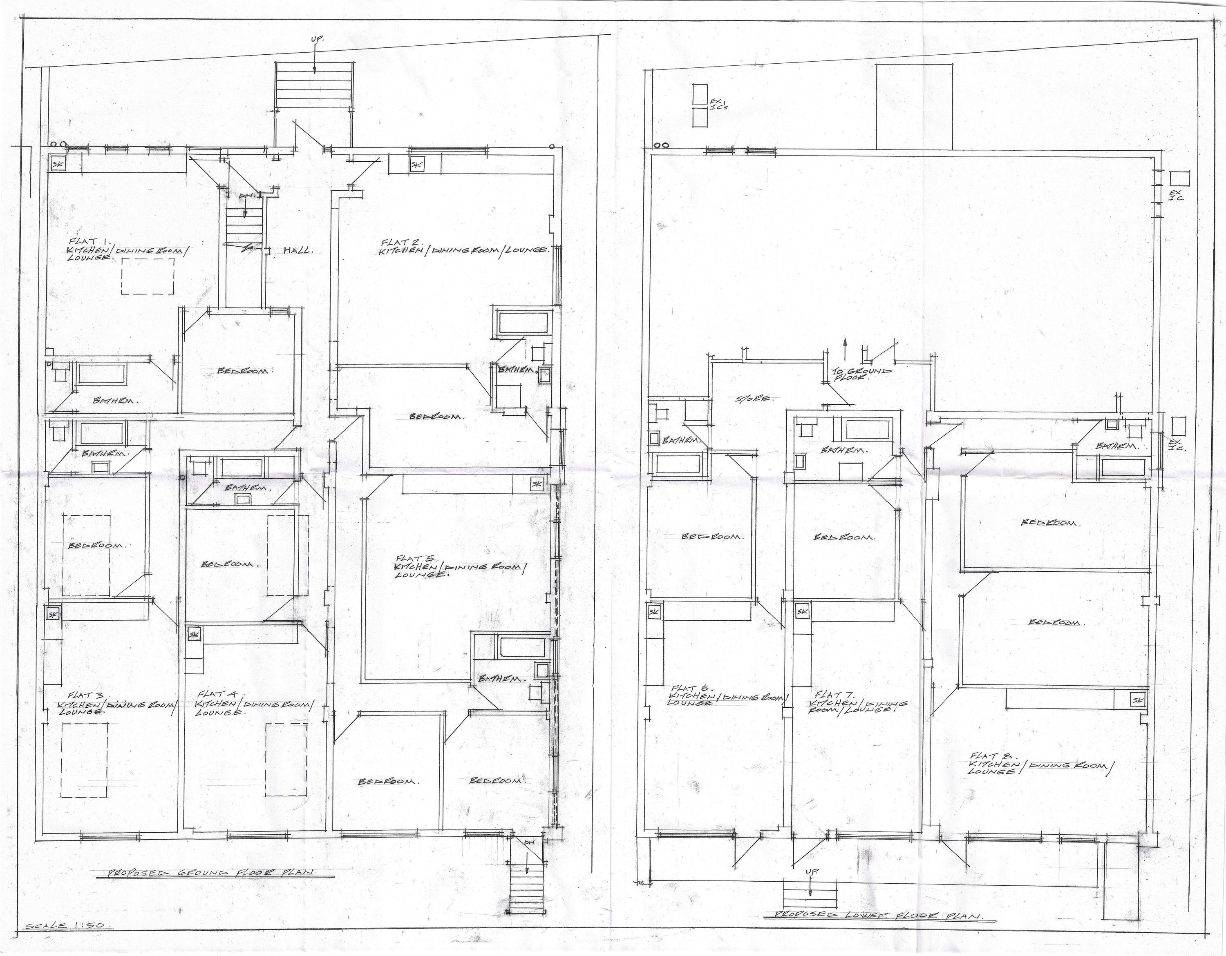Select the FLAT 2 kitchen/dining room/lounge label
pyautogui.click(x=463, y=247)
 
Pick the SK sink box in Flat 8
pyautogui.click(x=1138, y=700)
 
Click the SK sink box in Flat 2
pyautogui.click(x=416, y=165)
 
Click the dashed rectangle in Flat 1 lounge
pyautogui.click(x=148, y=276)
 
